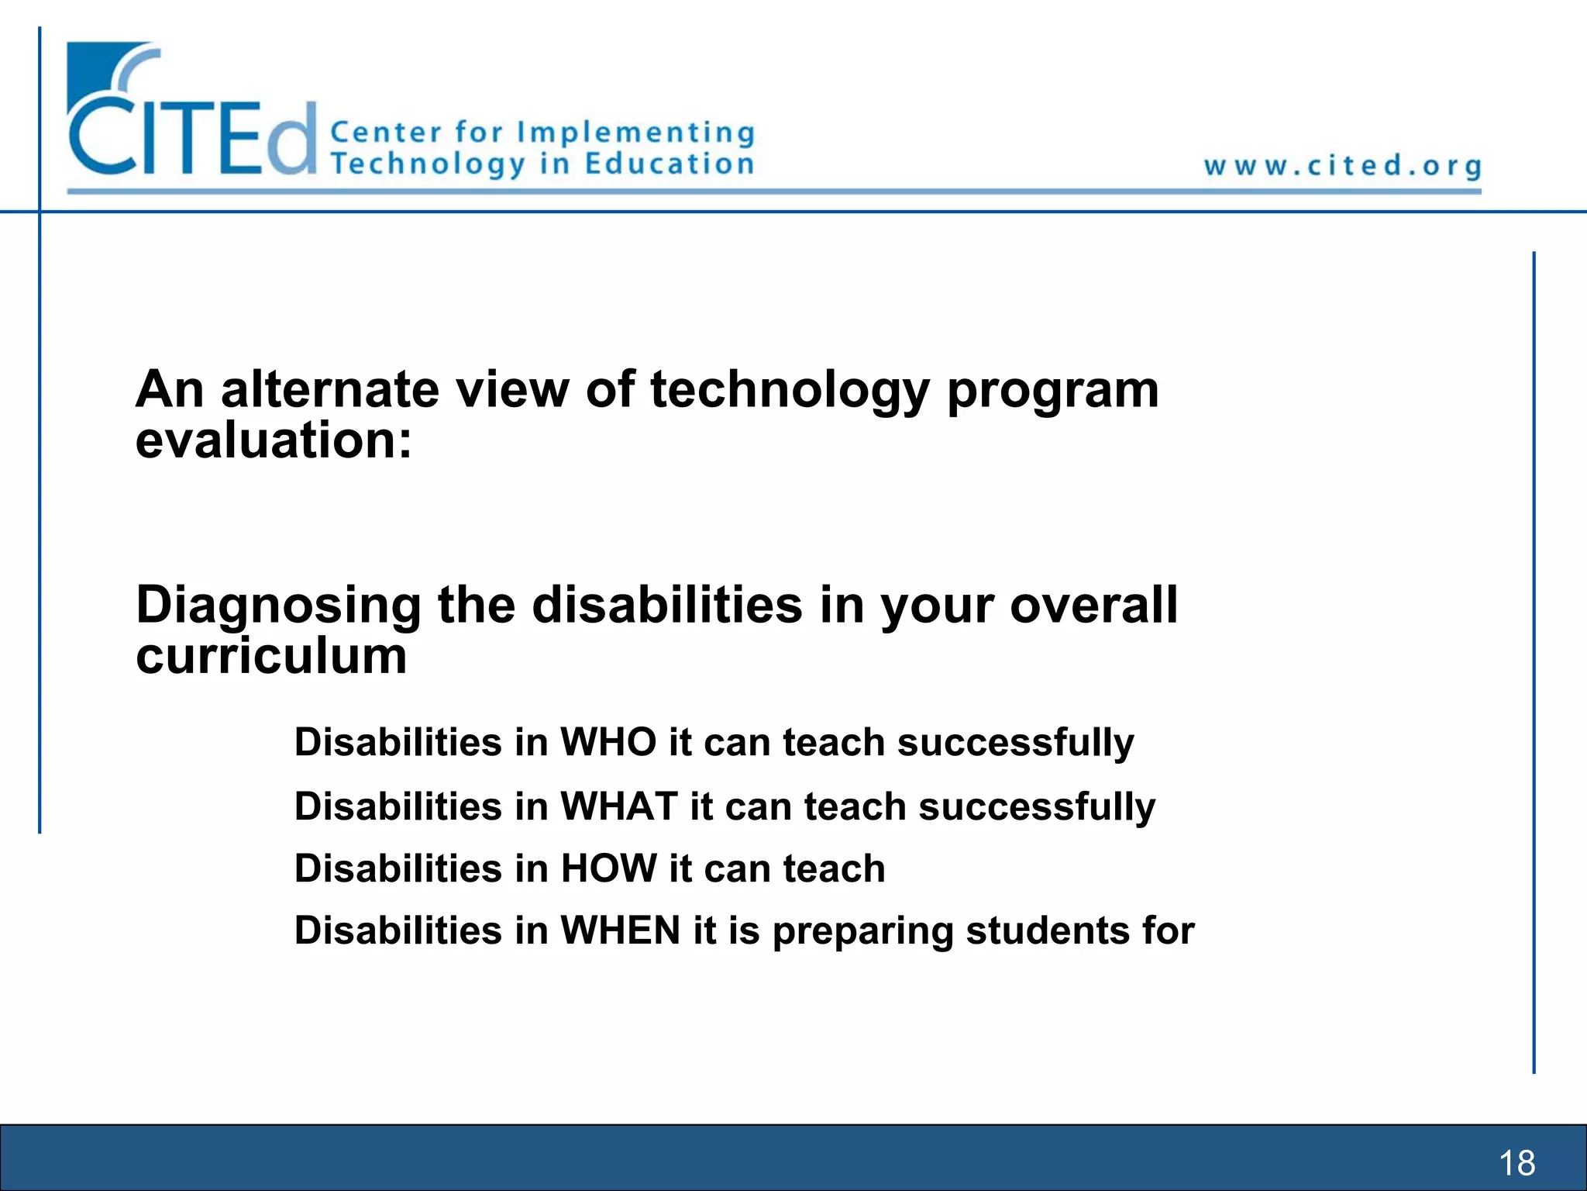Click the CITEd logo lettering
pos(192,138)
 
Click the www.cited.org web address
pos(1342,166)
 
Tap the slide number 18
pos(1516,1163)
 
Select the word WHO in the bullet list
pos(608,742)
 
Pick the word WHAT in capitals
pos(619,806)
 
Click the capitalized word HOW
pos(608,868)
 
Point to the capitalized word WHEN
pos(620,930)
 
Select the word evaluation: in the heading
pos(273,440)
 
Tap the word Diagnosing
pos(278,606)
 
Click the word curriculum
pos(271,656)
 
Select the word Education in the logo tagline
pos(669,164)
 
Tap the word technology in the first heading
pos(789,390)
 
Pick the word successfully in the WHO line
pos(1015,744)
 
